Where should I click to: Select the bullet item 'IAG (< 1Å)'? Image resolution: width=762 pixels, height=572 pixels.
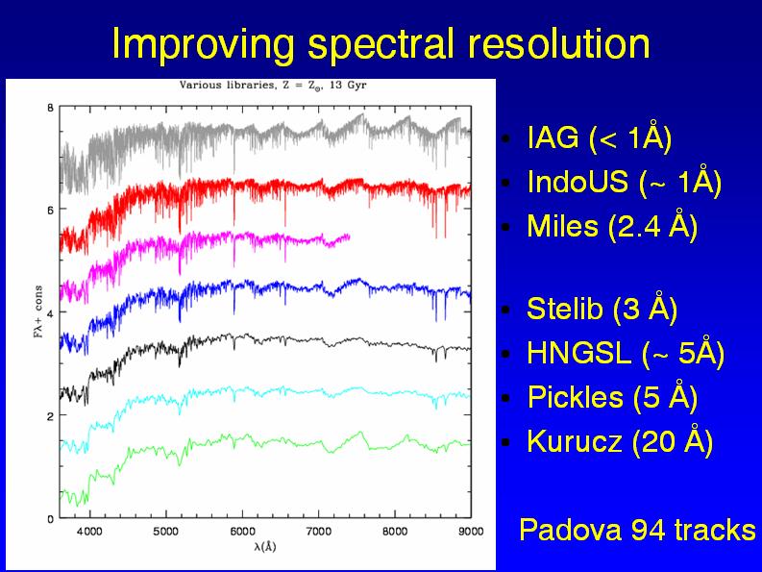[599, 137]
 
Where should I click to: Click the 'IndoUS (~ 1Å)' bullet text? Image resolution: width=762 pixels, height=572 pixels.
[624, 182]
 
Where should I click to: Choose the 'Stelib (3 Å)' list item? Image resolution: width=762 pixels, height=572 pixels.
[602, 310]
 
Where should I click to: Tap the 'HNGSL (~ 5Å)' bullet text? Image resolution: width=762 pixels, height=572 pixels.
[625, 354]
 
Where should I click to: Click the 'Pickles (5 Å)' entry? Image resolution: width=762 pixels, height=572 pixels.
[611, 398]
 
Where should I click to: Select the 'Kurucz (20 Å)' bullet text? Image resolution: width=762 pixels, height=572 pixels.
[620, 442]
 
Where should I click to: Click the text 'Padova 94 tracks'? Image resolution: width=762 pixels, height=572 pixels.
[637, 530]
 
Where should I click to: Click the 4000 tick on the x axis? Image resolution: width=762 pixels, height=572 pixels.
[89, 531]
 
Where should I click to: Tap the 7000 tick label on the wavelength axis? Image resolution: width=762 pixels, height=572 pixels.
[318, 531]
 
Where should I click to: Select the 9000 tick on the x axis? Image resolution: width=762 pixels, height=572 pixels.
[470, 531]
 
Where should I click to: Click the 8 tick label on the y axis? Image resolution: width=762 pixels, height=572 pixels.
[50, 107]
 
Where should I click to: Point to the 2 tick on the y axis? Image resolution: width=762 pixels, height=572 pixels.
[50, 415]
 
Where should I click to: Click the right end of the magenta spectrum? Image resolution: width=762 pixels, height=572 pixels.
[349, 236]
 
